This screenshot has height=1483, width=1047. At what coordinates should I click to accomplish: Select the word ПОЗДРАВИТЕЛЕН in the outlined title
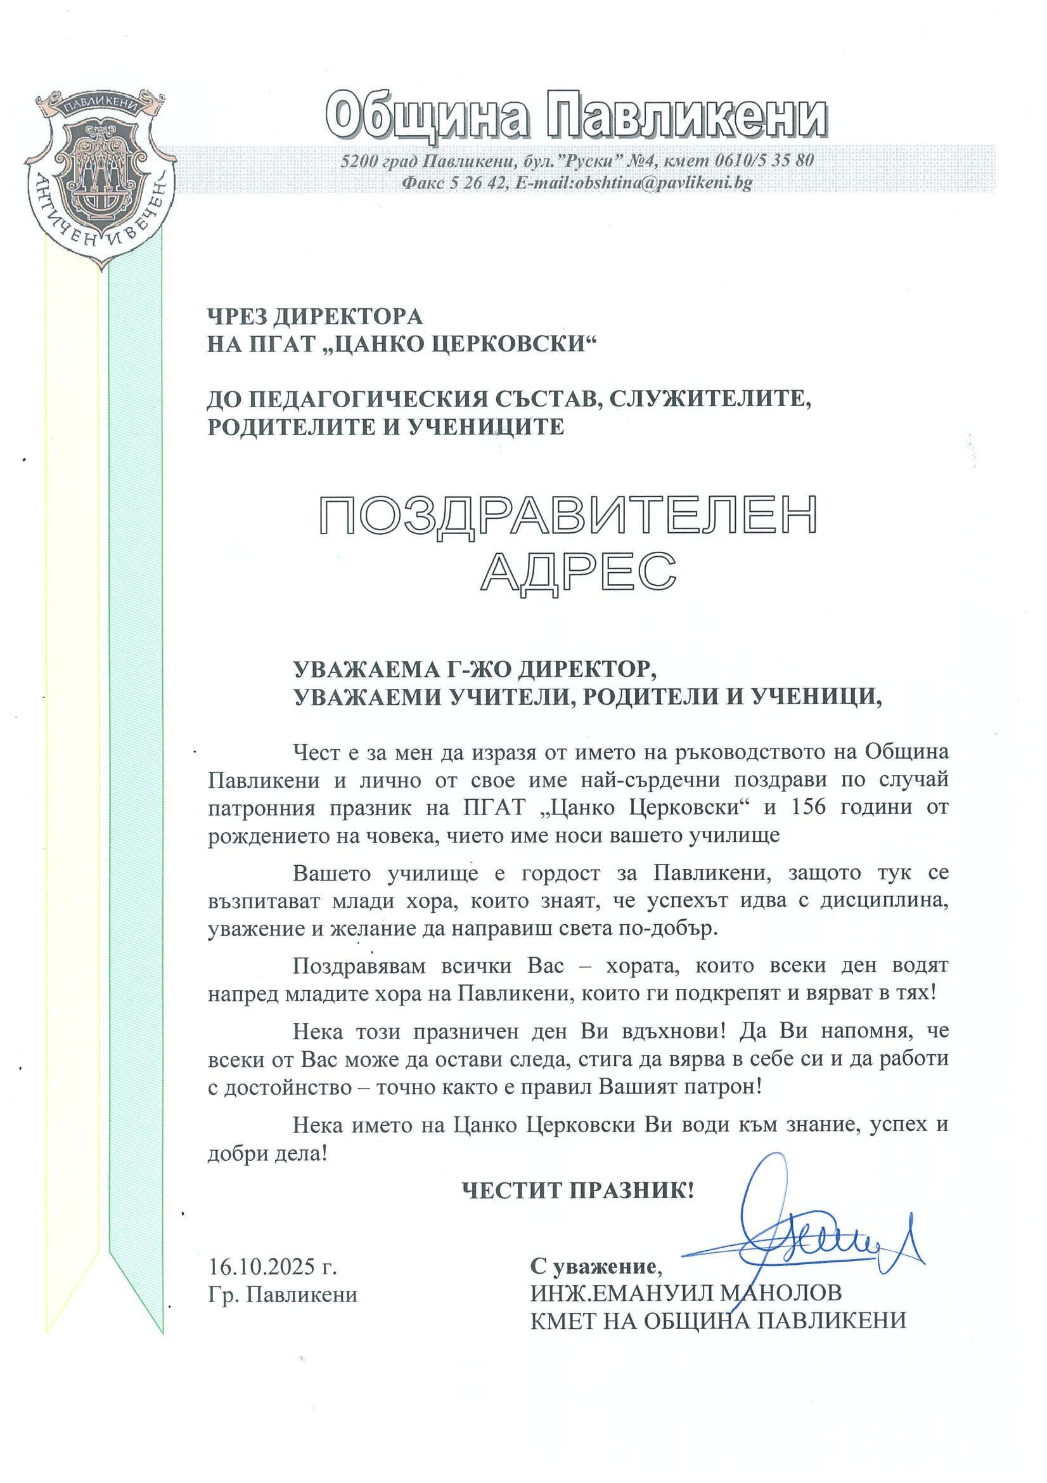pyautogui.click(x=568, y=516)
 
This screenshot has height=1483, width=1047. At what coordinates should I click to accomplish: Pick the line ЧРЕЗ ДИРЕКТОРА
pyautogui.click(x=314, y=317)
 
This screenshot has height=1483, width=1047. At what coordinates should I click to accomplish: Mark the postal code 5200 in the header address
pyautogui.click(x=357, y=160)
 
